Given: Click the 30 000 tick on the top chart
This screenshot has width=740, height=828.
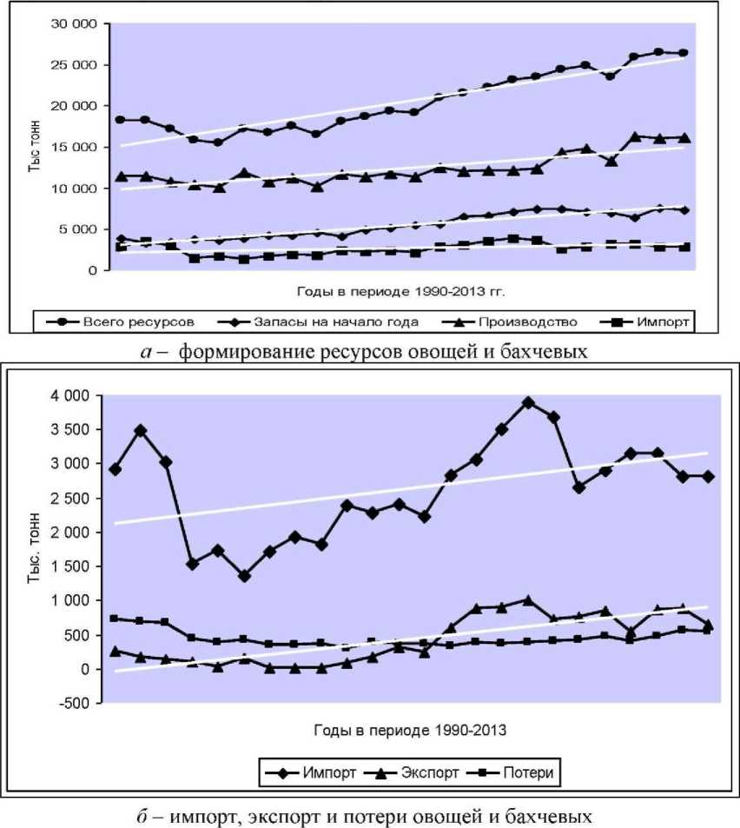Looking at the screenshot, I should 73,24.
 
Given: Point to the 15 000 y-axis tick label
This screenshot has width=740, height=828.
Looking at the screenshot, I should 73,148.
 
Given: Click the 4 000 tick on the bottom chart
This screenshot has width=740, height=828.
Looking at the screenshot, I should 71,396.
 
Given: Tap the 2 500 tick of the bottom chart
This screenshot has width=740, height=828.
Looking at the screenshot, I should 71,498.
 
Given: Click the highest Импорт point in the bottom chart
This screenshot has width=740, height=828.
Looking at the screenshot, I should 528,402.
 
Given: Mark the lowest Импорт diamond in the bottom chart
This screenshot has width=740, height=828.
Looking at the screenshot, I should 244,576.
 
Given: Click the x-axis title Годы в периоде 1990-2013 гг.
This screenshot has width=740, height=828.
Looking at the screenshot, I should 405,283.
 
